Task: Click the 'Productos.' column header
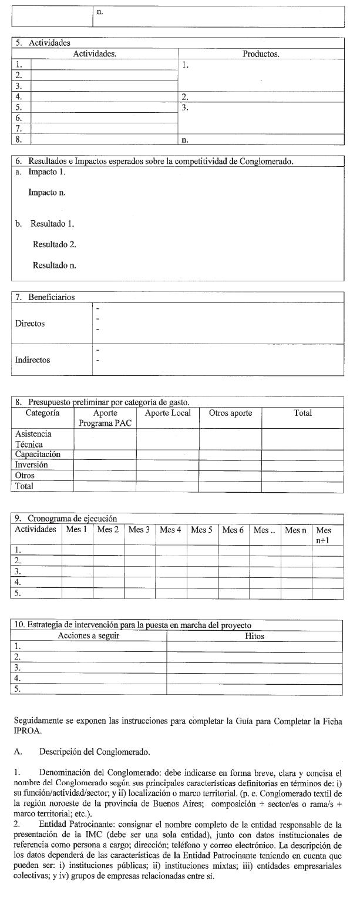pos(261,54)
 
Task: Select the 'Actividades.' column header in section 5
pos(95,54)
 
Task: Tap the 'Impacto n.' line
pos(47,192)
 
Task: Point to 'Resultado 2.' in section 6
pos(54,244)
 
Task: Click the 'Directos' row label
pos(30,324)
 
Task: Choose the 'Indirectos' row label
pos(33,360)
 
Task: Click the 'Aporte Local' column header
pos(167,413)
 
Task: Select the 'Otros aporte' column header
pos(230,413)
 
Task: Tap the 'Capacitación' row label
pos(38,455)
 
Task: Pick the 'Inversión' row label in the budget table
pos(32,465)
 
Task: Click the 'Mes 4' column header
pos(171,530)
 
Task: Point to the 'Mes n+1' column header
pos(324,535)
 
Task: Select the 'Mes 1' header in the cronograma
pos(77,530)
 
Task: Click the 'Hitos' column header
pos(254,636)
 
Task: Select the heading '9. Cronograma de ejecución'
pos(66,519)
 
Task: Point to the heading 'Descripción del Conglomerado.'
pos(95,752)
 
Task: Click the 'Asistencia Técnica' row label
pos(33,439)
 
